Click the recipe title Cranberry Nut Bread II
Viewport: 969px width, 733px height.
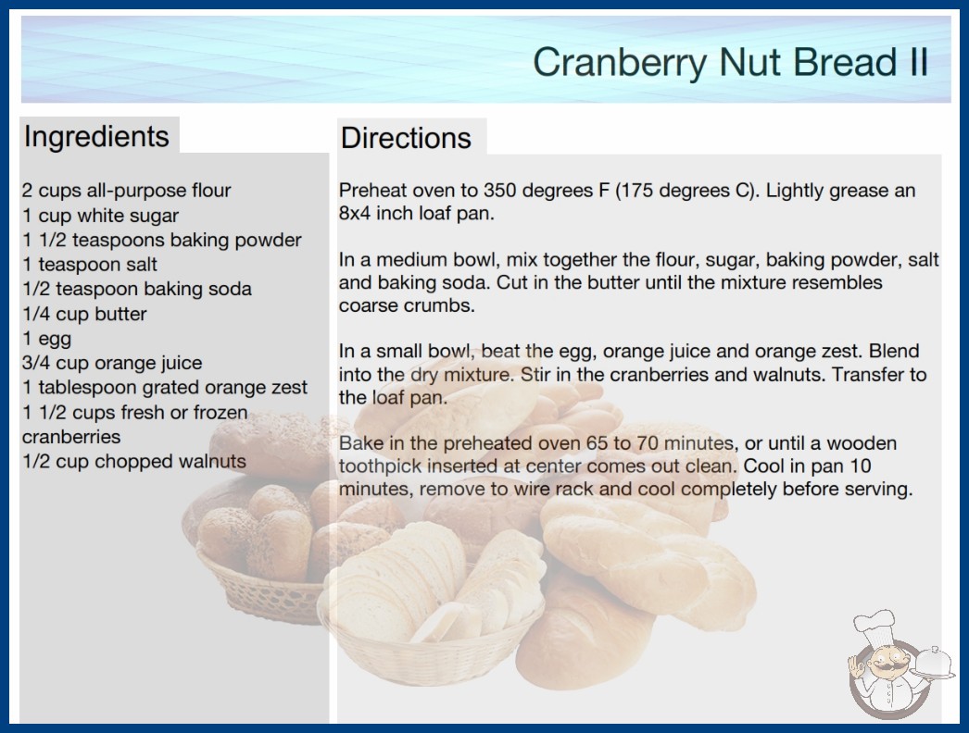(731, 63)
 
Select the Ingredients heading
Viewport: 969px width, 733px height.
(96, 137)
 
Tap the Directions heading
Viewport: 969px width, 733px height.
(406, 138)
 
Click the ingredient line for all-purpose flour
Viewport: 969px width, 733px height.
(126, 191)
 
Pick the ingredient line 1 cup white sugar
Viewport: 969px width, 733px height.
(100, 215)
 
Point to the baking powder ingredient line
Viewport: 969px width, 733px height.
(162, 240)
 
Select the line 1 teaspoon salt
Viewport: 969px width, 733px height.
(90, 265)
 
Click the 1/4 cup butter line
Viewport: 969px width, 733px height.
(84, 314)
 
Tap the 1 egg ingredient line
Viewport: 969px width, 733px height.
(47, 339)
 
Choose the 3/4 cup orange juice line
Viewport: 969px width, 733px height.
(112, 363)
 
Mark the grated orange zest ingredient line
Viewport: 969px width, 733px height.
(164, 387)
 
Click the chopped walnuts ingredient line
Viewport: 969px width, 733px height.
(134, 461)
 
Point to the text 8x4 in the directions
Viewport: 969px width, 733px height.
(355, 213)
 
